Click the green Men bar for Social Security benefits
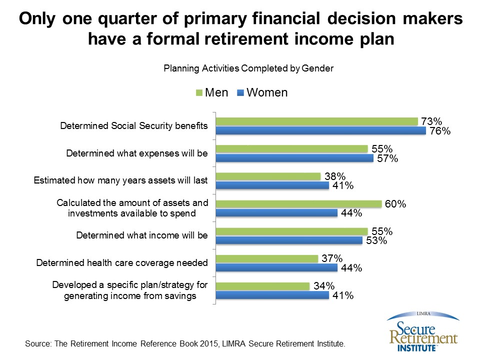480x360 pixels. pos(317,121)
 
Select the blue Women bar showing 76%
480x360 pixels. pos(321,131)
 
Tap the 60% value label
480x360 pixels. pos(395,204)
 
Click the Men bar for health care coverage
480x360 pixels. pos(267,258)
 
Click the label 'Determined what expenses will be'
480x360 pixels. pos(136,153)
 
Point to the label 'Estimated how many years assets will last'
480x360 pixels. pos(120,180)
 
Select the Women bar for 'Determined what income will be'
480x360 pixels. pos(289,240)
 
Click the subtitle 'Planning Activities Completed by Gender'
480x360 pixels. pos(248,69)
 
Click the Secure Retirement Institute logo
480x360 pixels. pos(422,332)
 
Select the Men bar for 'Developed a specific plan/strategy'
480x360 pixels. pos(263,286)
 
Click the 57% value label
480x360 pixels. pos(387,159)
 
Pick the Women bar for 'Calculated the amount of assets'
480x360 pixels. pos(277,213)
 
